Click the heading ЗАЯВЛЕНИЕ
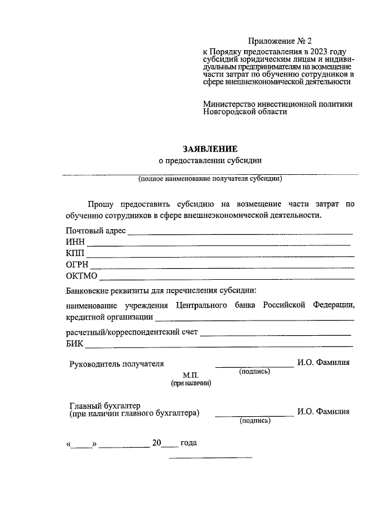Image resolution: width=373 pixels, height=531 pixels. [210, 149]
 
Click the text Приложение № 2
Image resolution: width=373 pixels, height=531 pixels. [280, 41]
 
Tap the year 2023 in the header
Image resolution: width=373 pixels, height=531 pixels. [315, 52]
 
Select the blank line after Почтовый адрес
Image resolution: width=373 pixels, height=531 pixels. [240, 233]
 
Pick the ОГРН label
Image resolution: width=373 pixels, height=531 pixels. [77, 265]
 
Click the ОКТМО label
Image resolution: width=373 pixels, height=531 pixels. [82, 276]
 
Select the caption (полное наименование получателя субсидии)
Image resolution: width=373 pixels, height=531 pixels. [210, 179]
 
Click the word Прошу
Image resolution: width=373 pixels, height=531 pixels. [100, 204]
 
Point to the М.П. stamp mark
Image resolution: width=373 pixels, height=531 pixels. [191, 375]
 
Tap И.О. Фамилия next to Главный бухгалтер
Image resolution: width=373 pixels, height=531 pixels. [323, 412]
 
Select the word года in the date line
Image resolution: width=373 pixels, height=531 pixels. [189, 443]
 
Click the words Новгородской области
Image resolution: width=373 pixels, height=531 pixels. [245, 112]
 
